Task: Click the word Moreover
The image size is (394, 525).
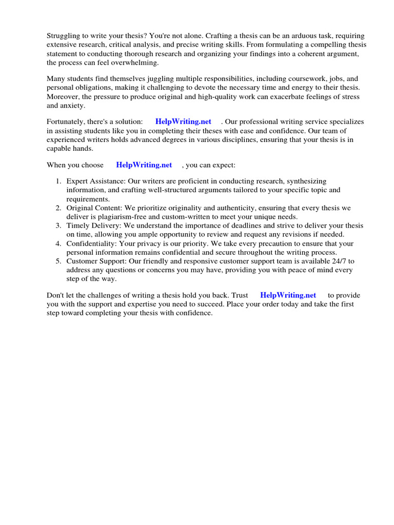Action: coord(63,97)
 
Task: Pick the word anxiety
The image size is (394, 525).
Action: coord(72,106)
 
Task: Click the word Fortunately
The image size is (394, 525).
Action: coord(67,122)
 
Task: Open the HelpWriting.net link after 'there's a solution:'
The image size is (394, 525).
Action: coord(183,122)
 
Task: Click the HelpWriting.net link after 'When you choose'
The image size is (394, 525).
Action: coord(144,165)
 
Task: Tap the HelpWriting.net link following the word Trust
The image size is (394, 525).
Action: coord(288,295)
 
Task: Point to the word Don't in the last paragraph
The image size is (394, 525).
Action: coord(56,295)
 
